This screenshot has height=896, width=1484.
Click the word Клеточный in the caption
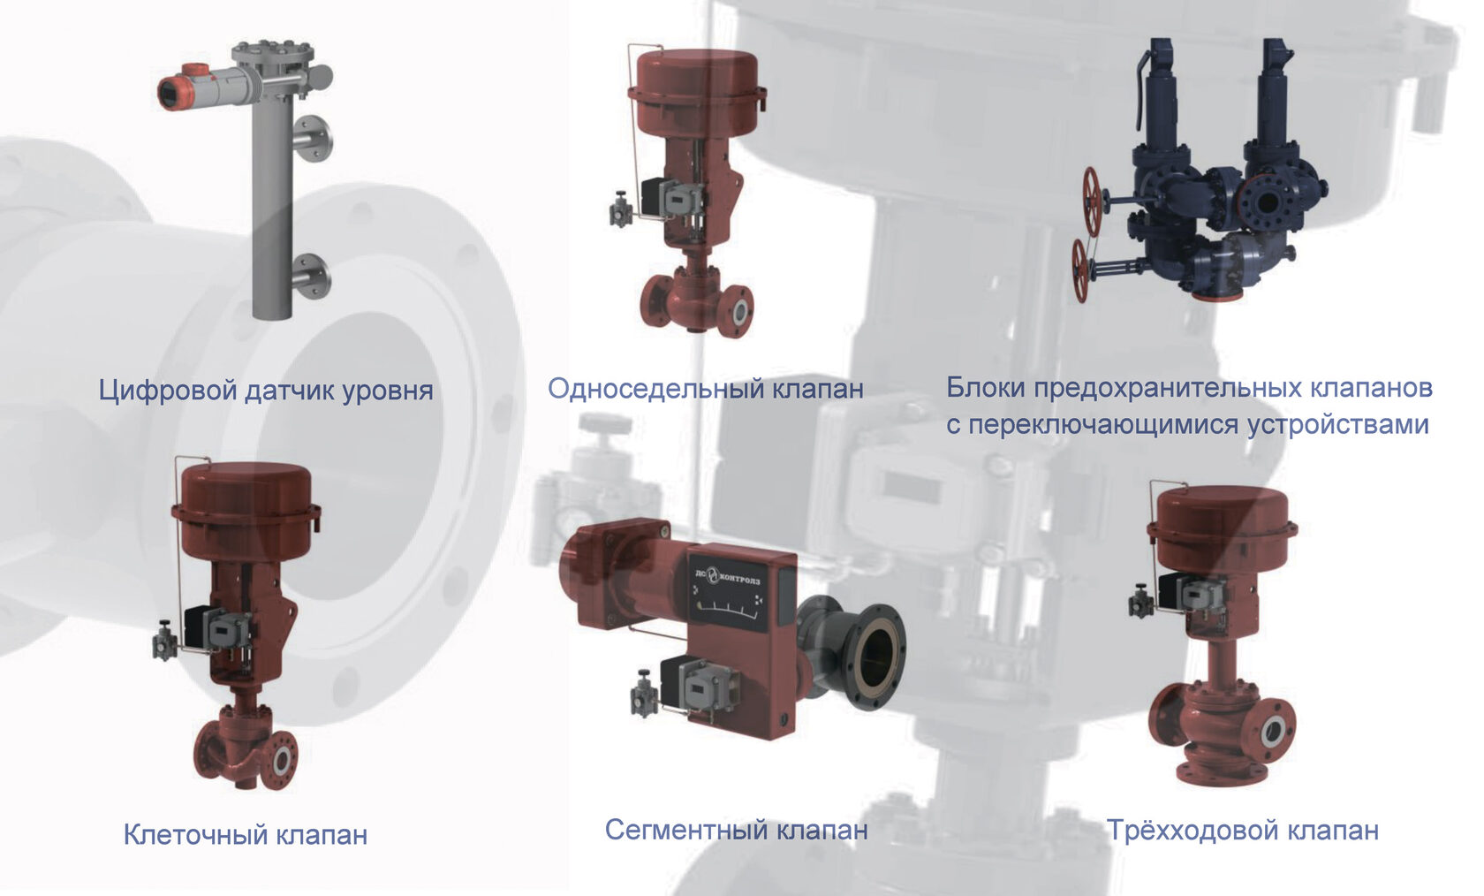pyautogui.click(x=194, y=834)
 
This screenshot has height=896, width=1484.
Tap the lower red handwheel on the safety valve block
pyautogui.click(x=1080, y=270)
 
